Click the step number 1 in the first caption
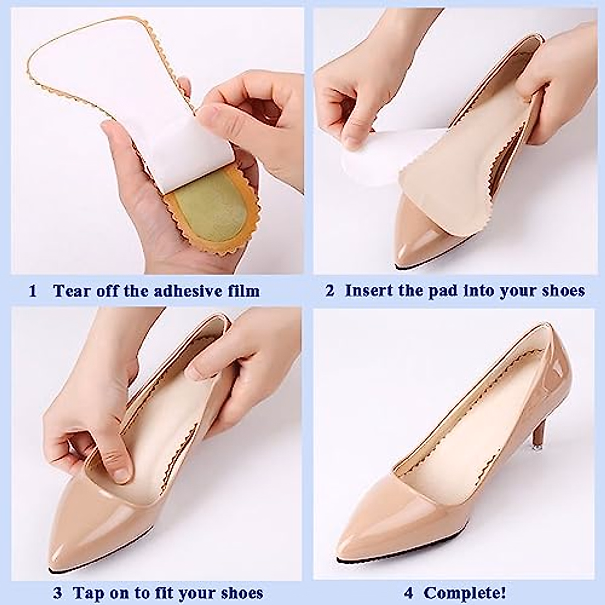coord(33,291)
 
